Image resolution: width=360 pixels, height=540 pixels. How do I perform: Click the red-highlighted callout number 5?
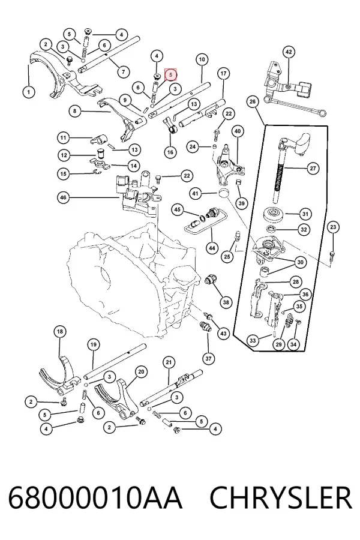tap(170, 74)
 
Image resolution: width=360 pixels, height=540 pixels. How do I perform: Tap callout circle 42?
tap(289, 52)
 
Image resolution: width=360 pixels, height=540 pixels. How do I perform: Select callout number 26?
tap(253, 101)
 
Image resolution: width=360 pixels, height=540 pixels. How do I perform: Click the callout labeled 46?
tap(63, 197)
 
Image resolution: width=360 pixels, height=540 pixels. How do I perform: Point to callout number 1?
tap(29, 92)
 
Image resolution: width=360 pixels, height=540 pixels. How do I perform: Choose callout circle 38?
tap(226, 302)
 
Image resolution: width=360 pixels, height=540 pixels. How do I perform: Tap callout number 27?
tap(313, 169)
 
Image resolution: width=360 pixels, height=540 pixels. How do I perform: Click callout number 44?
tap(212, 248)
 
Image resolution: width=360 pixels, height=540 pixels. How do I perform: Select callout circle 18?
tap(60, 332)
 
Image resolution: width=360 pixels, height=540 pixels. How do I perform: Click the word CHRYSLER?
tap(280, 498)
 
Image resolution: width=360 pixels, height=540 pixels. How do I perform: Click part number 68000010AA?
tap(95, 498)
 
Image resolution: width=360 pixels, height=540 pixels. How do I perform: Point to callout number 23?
tap(333, 227)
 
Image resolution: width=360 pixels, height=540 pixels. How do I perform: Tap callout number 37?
tap(208, 359)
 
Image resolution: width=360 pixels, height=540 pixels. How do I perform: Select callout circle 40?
tap(238, 131)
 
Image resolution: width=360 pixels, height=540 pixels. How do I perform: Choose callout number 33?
tap(253, 341)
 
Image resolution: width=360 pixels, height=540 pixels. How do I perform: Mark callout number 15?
tap(63, 174)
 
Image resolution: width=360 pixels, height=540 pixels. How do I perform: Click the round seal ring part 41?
tap(224, 193)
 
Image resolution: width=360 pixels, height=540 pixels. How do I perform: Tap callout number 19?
tap(94, 344)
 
